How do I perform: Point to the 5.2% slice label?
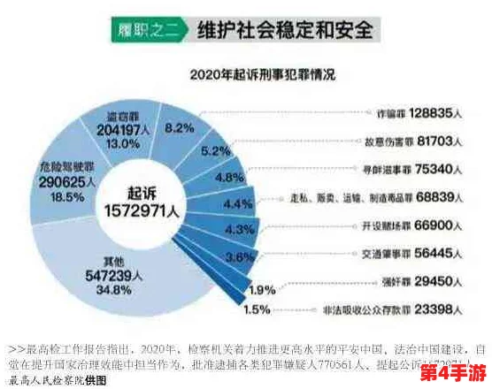(216, 151)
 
